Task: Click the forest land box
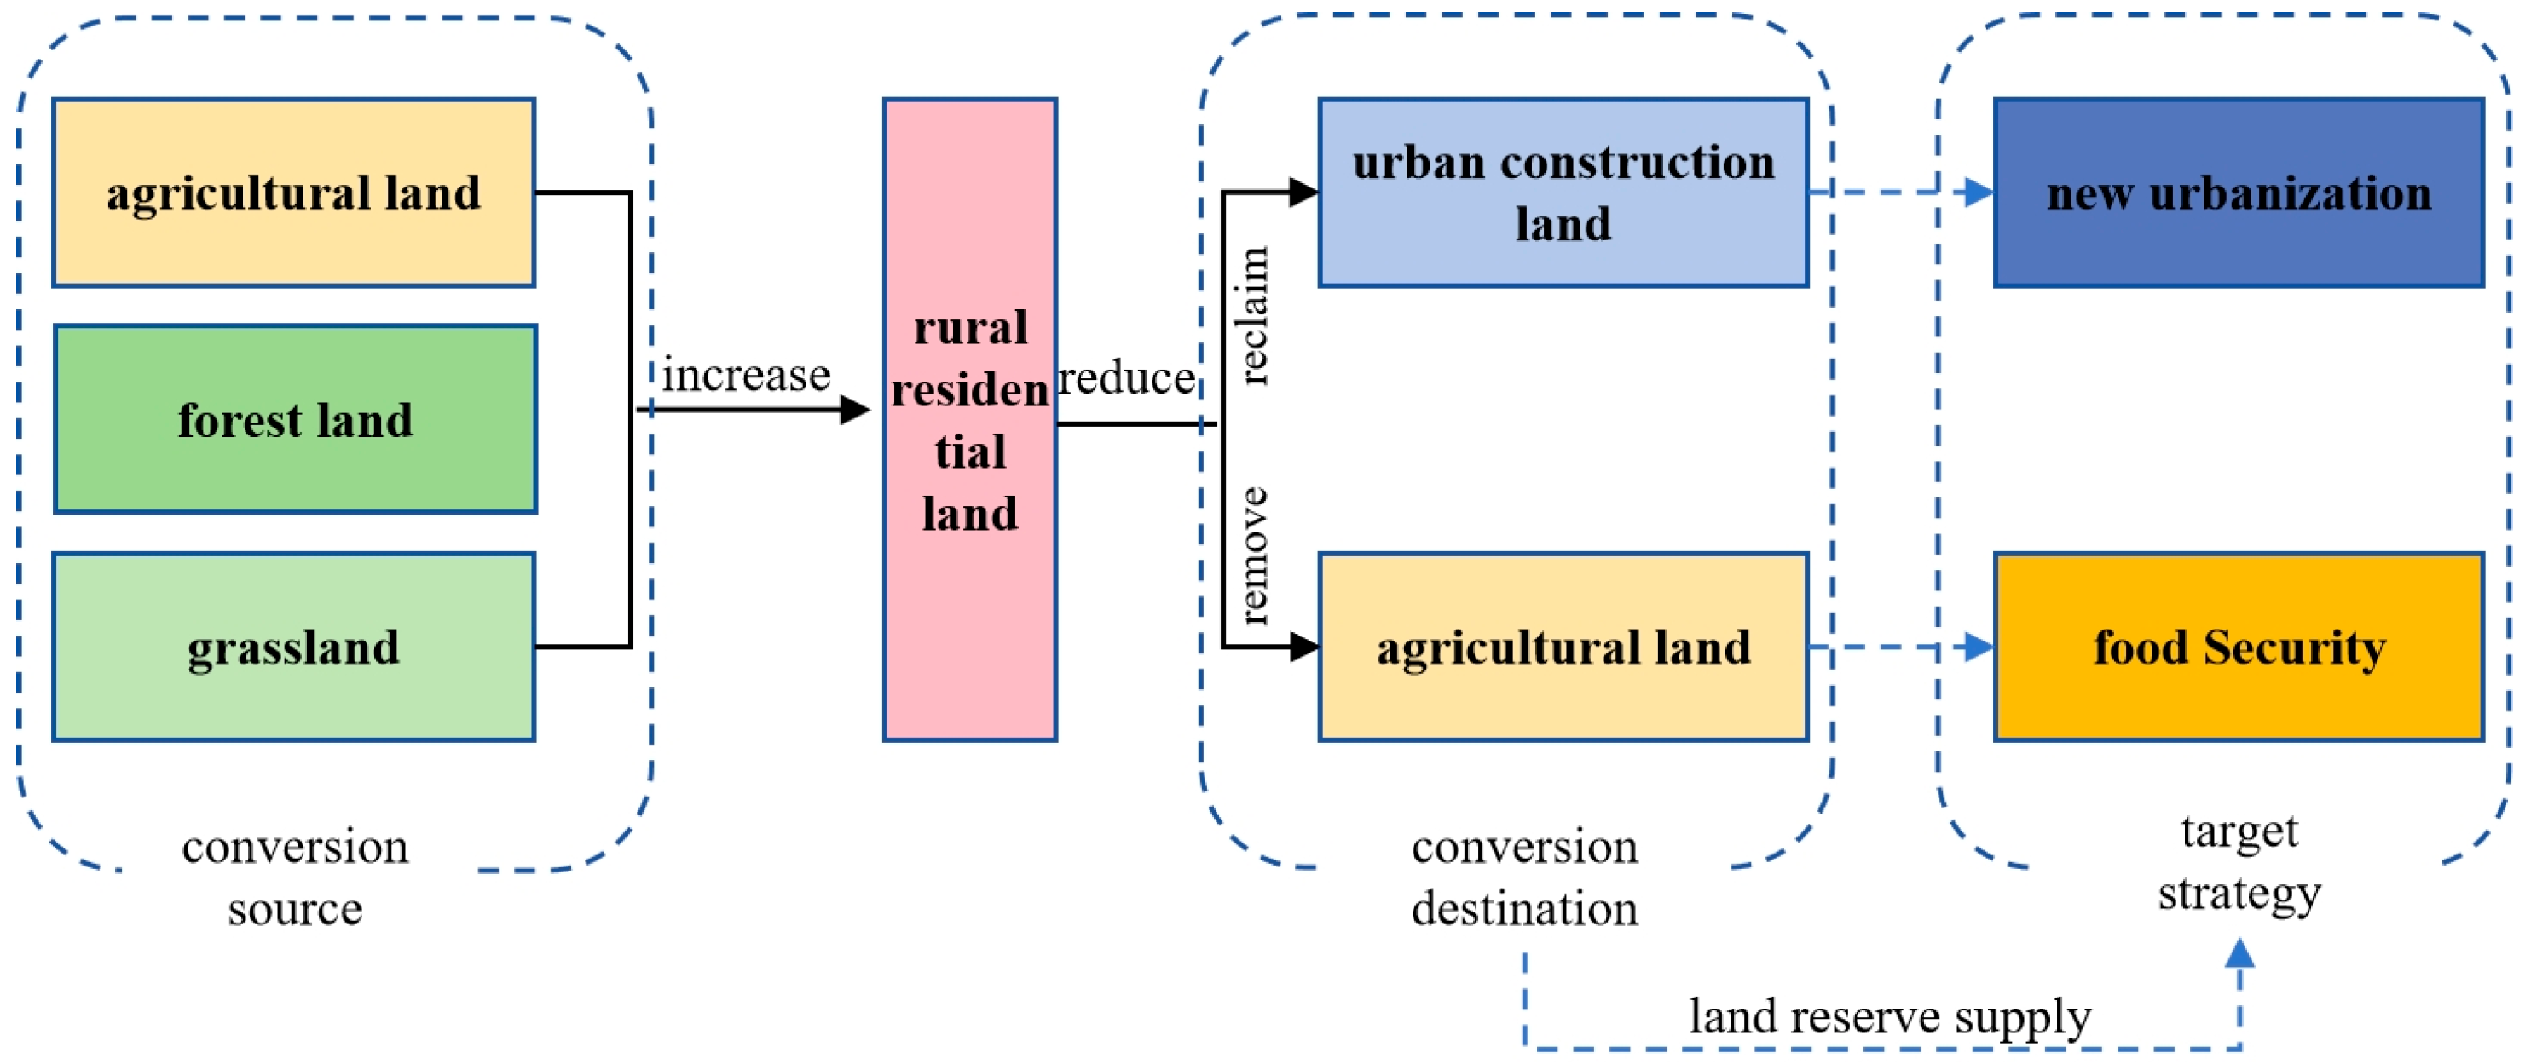pos(294,419)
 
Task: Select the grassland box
pos(294,647)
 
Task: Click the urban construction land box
pos(1563,192)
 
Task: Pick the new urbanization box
pos(2238,192)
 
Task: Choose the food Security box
pos(2238,647)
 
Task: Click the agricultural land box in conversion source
pos(294,192)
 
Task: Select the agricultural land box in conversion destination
pos(1563,647)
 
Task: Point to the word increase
pos(746,375)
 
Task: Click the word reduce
pos(1125,378)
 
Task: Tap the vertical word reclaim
pos(1254,315)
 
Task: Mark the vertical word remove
pos(1254,555)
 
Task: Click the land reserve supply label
pos(1889,1016)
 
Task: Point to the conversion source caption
pos(294,877)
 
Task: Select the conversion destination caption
pos(1524,877)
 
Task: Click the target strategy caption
pos(2239,861)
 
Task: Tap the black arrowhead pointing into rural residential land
pos(855,410)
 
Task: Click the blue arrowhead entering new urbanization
pos(1978,192)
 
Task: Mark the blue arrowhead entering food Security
pos(1978,647)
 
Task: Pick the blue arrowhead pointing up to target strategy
pos(2239,952)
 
